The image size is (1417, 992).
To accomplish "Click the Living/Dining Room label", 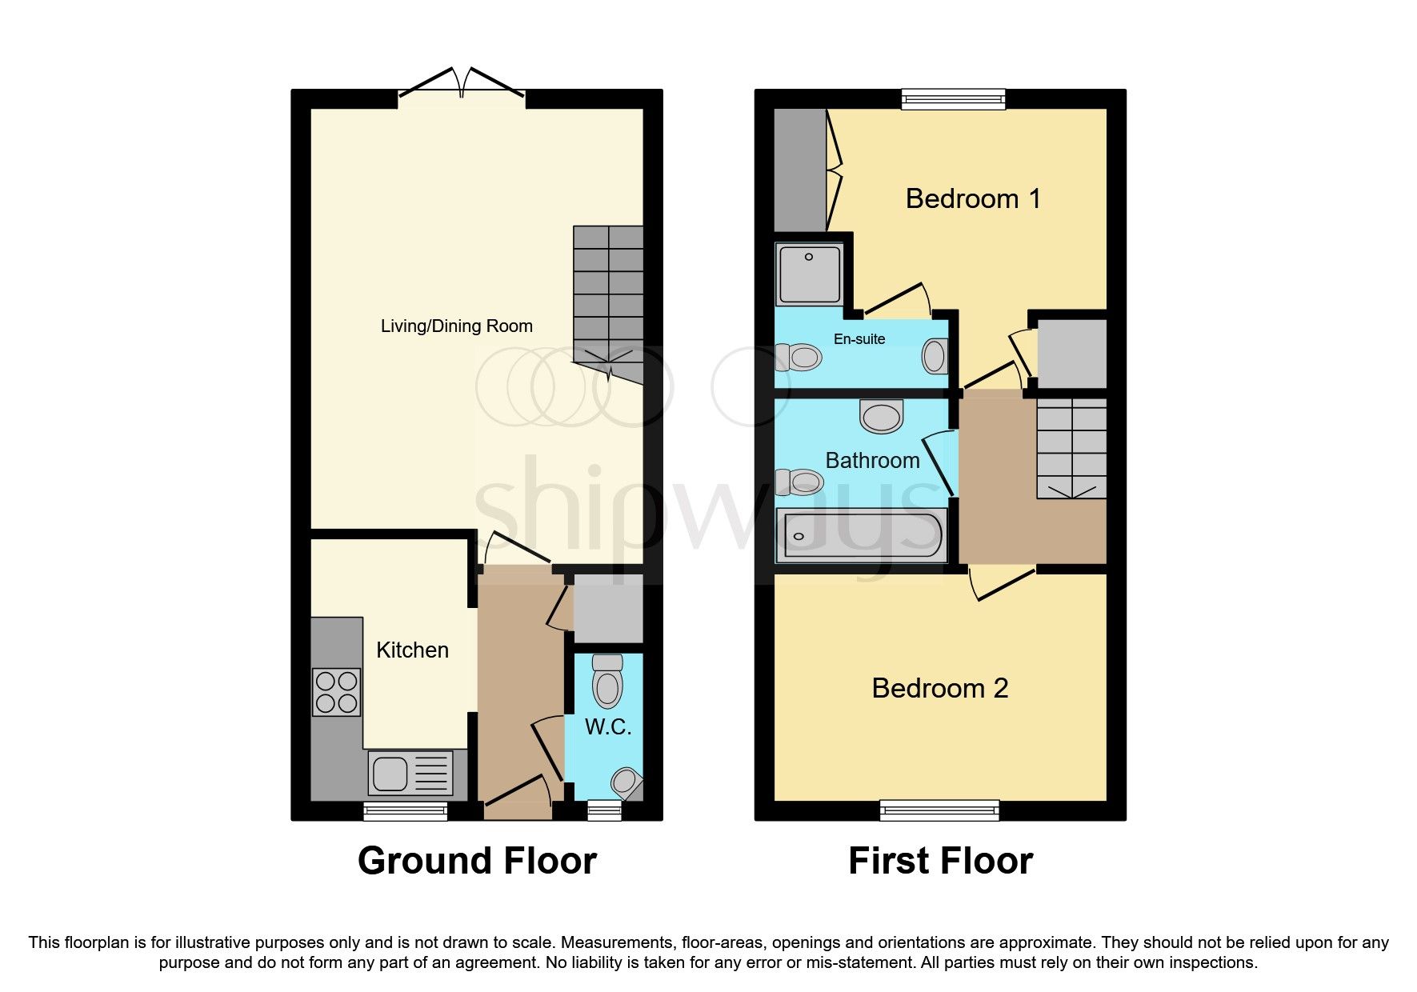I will click(456, 326).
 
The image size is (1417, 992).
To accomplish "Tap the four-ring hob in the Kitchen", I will click(336, 692).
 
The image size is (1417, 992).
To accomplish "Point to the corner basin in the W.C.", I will click(626, 782).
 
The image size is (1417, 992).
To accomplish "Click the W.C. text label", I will click(608, 727).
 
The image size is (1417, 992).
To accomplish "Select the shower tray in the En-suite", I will click(809, 274).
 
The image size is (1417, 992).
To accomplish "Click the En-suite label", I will click(859, 339).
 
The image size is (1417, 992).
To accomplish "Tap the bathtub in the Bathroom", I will click(862, 534).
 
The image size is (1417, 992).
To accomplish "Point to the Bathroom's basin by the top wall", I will click(881, 417).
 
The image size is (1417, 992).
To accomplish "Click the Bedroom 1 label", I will click(973, 198).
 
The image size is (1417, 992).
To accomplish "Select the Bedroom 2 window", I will click(939, 810).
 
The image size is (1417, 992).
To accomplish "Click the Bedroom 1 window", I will click(953, 98).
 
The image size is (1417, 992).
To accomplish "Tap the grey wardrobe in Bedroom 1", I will click(799, 169).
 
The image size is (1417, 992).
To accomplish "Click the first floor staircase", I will click(1071, 448).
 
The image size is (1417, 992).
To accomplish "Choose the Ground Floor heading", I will click(477, 861).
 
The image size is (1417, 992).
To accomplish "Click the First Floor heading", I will click(940, 861).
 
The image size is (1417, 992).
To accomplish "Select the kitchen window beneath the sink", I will click(405, 812).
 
